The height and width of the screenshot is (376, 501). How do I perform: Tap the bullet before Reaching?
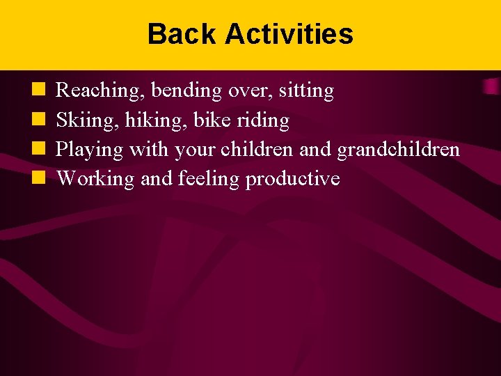click(x=38, y=90)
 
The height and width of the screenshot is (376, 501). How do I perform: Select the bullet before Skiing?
click(x=38, y=120)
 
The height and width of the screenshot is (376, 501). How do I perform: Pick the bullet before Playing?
click(x=38, y=149)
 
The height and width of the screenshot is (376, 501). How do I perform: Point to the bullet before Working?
click(x=38, y=178)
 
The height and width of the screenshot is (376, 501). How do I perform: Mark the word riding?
click(x=264, y=120)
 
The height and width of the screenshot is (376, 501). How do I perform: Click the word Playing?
click(x=88, y=150)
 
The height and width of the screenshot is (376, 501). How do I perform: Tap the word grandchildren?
click(x=398, y=150)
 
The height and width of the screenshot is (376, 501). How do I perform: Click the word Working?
click(x=95, y=179)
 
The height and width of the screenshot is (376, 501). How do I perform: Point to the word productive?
click(x=292, y=179)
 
